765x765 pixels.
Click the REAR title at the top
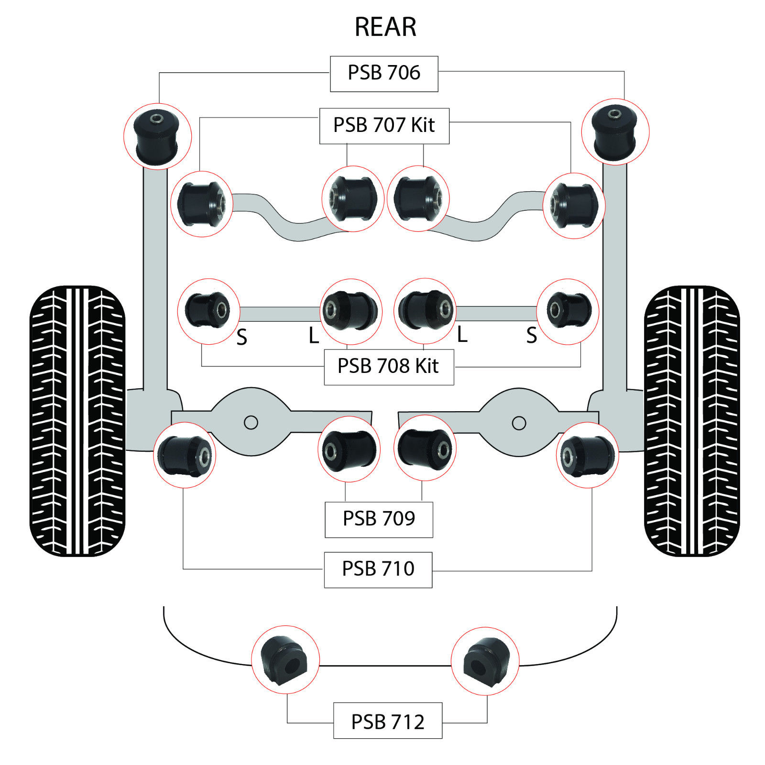[385, 27]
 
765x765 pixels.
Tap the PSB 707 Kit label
[384, 126]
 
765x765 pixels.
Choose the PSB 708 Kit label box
[388, 367]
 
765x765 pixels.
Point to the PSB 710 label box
[378, 569]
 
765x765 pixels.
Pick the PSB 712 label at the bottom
[387, 722]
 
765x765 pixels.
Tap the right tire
[691, 421]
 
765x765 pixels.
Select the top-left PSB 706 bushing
[157, 136]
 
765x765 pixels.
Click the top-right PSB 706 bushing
[615, 131]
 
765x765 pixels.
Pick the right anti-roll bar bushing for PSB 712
[484, 661]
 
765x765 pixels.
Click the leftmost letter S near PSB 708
[242, 338]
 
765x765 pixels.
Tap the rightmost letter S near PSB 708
[531, 336]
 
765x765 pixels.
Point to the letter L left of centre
[314, 336]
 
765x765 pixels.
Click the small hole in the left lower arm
[251, 423]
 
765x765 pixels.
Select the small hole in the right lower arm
[519, 423]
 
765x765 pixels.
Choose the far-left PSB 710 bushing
[185, 455]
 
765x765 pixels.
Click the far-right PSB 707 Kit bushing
[574, 206]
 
